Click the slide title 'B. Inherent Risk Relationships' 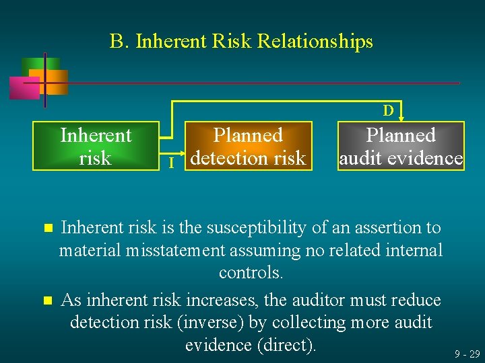click(x=241, y=42)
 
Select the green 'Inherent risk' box click(x=96, y=146)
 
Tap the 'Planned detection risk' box click(x=248, y=146)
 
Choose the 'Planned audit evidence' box click(x=401, y=146)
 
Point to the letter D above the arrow click(x=389, y=110)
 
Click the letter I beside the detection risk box click(x=172, y=163)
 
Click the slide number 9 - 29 click(x=467, y=354)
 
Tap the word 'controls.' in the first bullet click(x=251, y=273)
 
